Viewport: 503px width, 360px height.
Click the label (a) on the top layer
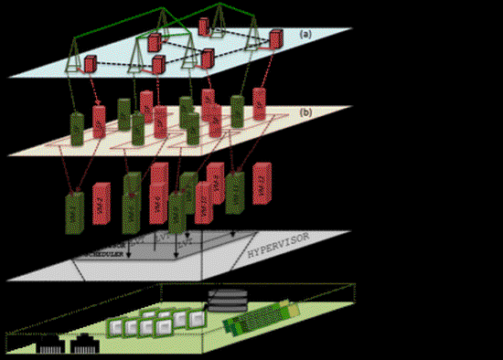[306, 34]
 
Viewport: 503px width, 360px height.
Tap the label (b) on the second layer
[305, 112]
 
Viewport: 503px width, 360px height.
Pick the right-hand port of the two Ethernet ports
[88, 344]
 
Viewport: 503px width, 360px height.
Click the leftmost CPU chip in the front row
[118, 329]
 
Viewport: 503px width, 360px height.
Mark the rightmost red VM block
[262, 183]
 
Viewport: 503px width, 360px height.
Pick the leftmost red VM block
[100, 205]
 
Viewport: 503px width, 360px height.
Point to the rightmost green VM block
[235, 191]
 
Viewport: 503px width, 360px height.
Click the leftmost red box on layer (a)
[91, 64]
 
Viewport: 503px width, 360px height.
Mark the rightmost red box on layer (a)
[275, 40]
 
